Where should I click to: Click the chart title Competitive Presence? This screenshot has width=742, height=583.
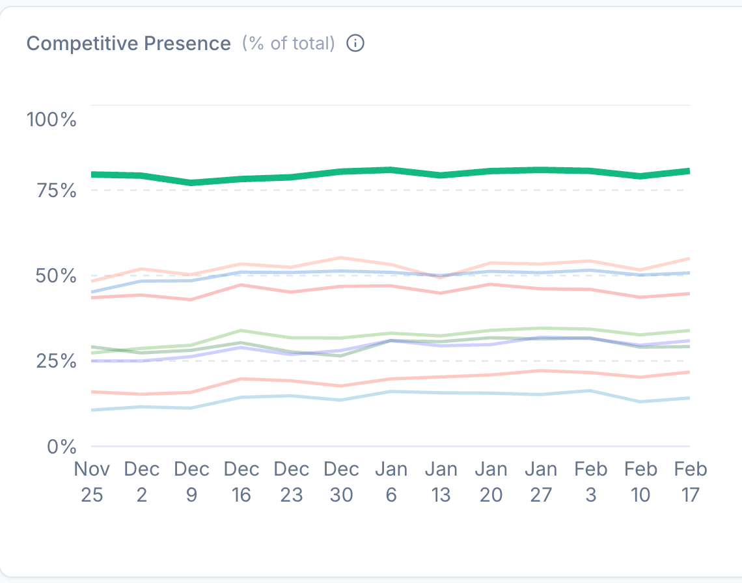click(x=128, y=44)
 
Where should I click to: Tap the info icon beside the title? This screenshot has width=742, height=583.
click(x=355, y=44)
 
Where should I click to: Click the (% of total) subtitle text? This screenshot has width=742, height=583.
click(x=288, y=44)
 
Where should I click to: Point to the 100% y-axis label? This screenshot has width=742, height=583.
click(x=51, y=120)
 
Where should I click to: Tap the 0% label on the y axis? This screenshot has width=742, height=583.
click(x=61, y=446)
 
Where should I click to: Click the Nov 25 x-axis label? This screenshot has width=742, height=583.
click(x=92, y=481)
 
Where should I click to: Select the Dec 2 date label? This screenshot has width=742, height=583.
click(x=141, y=481)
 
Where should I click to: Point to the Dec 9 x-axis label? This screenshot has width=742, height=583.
click(x=191, y=481)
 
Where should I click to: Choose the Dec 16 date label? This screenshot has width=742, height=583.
click(x=241, y=481)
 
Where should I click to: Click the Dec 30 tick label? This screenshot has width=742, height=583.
click(x=341, y=481)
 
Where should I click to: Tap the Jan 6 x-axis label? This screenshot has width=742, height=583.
click(x=391, y=481)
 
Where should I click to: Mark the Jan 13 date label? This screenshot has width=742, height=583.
click(x=441, y=481)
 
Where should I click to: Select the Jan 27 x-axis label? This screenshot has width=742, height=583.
click(x=541, y=481)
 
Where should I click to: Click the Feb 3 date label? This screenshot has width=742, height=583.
click(x=590, y=481)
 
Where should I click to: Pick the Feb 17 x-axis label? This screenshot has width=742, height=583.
click(x=690, y=481)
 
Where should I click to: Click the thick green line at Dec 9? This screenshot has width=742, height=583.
click(x=191, y=183)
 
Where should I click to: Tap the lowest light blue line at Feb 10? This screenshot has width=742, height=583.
click(x=640, y=401)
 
